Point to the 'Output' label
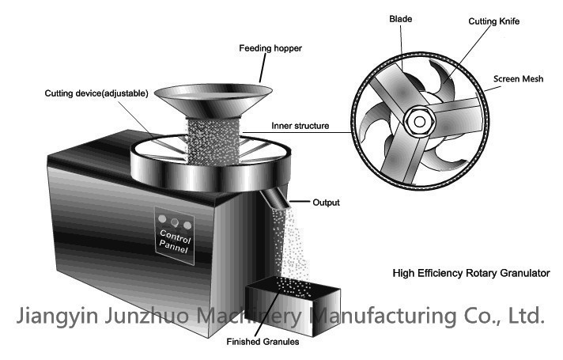[x=327, y=203]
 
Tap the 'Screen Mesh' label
[x=519, y=79]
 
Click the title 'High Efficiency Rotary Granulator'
[x=470, y=273]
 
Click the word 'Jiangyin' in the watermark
[x=57, y=316]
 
